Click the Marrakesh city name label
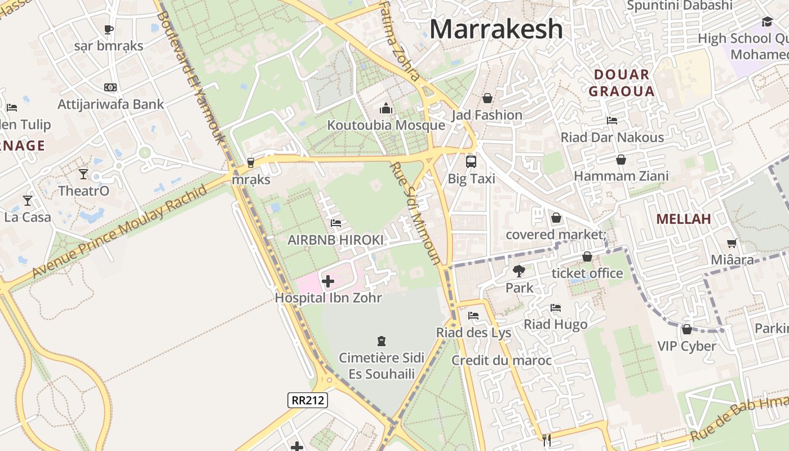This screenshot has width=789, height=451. coord(496,29)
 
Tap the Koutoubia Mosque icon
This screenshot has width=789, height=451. coord(386,108)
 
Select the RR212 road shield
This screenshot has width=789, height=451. coord(307,400)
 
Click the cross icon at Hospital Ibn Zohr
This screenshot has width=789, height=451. coord(327,280)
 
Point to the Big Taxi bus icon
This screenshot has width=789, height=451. coord(471,162)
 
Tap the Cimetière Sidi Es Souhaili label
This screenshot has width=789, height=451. coord(382,366)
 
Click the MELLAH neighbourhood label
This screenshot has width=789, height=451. coord(684,219)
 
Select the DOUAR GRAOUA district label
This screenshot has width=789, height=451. coord(620,83)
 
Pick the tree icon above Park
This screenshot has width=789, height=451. coord(518,271)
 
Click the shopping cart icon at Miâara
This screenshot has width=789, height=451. coord(732,244)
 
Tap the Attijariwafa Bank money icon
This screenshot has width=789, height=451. coord(110,87)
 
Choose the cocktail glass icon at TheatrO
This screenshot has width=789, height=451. coord(83,174)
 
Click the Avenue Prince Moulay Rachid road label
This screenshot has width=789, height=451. coord(119,231)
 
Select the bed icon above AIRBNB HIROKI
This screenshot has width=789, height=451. coord(336,223)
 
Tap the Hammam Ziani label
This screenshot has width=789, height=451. coord(621,176)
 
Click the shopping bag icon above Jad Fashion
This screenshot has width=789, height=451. coord(487,98)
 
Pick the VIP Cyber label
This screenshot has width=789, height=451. coord(686,346)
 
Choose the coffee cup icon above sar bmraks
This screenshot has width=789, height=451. coord(109,29)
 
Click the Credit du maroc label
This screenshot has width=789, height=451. coord(502,360)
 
